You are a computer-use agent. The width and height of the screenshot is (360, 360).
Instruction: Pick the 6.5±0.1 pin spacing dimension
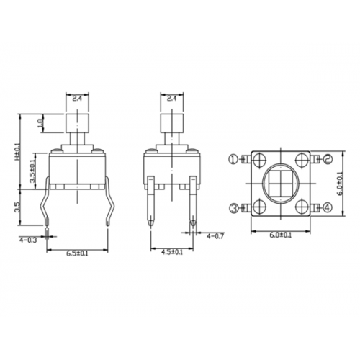click(78, 252)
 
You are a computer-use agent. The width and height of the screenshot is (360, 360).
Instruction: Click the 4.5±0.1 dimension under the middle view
click(171, 252)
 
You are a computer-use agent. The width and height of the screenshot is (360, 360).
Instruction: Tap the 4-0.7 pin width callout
click(215, 235)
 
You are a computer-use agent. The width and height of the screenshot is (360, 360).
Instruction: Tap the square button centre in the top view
click(279, 183)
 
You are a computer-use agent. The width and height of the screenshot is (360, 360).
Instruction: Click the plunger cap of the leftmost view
click(78, 122)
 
